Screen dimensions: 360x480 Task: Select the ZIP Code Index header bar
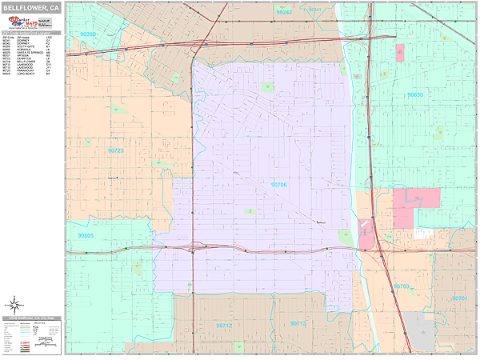[x=32, y=34]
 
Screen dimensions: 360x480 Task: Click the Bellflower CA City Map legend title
[x=32, y=318]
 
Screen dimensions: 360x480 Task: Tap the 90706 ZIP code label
[x=279, y=185]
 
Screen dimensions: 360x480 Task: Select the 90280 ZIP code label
[x=88, y=34]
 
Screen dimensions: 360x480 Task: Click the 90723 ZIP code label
[x=116, y=150]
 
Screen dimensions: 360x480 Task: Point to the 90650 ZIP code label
[x=414, y=94]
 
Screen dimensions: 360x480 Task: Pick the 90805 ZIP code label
[x=86, y=236]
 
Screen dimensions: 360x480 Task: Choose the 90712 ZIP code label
[x=224, y=326]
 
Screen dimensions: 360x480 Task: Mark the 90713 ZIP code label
[x=298, y=323]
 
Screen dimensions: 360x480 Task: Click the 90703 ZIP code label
[x=402, y=286]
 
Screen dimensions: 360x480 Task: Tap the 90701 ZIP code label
[x=459, y=298]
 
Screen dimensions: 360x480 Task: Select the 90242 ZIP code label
[x=284, y=13]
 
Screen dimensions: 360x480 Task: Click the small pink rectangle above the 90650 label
[x=400, y=53]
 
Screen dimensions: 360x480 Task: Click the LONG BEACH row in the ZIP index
[x=32, y=74]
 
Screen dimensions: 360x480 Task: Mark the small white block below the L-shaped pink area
[x=422, y=234]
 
